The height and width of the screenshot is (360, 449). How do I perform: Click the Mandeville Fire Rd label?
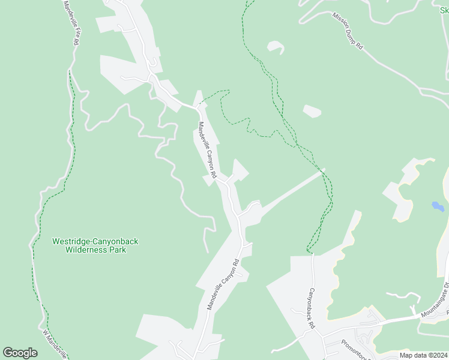click(x=71, y=23)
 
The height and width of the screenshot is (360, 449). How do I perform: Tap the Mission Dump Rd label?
click(x=348, y=29)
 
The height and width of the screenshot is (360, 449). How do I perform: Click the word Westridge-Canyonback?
click(x=95, y=241)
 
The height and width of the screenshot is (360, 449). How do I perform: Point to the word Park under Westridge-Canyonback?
click(x=118, y=250)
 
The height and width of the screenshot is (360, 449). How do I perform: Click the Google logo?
click(x=20, y=353)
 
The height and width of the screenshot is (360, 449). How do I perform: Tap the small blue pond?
click(x=438, y=206)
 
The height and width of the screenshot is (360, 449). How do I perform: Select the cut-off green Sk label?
click(x=444, y=10)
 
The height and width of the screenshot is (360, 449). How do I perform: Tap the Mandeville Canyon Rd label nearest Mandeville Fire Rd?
click(x=206, y=150)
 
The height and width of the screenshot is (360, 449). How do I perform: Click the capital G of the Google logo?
click(x=8, y=353)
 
